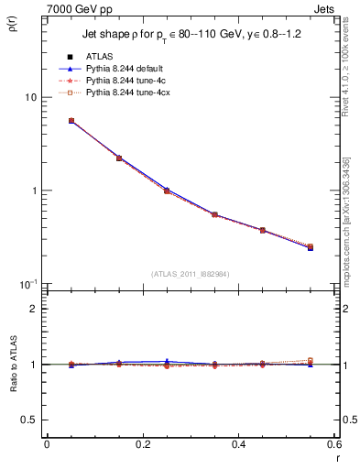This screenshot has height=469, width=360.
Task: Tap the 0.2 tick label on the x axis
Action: click(142, 444)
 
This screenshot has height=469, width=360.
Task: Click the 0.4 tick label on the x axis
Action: click(238, 444)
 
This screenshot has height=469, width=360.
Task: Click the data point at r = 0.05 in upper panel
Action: click(71, 120)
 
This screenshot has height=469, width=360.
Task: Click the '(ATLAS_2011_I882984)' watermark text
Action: click(191, 273)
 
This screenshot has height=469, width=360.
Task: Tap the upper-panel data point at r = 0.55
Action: click(311, 247)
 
